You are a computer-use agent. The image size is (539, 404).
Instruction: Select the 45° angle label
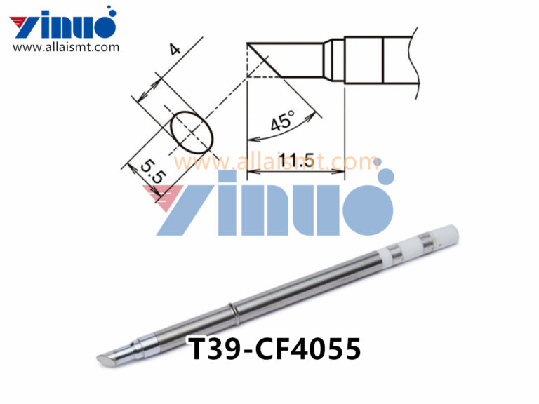[282, 122]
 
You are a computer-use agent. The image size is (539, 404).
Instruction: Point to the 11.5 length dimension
[295, 161]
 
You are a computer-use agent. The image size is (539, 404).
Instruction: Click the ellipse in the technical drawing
[192, 131]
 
